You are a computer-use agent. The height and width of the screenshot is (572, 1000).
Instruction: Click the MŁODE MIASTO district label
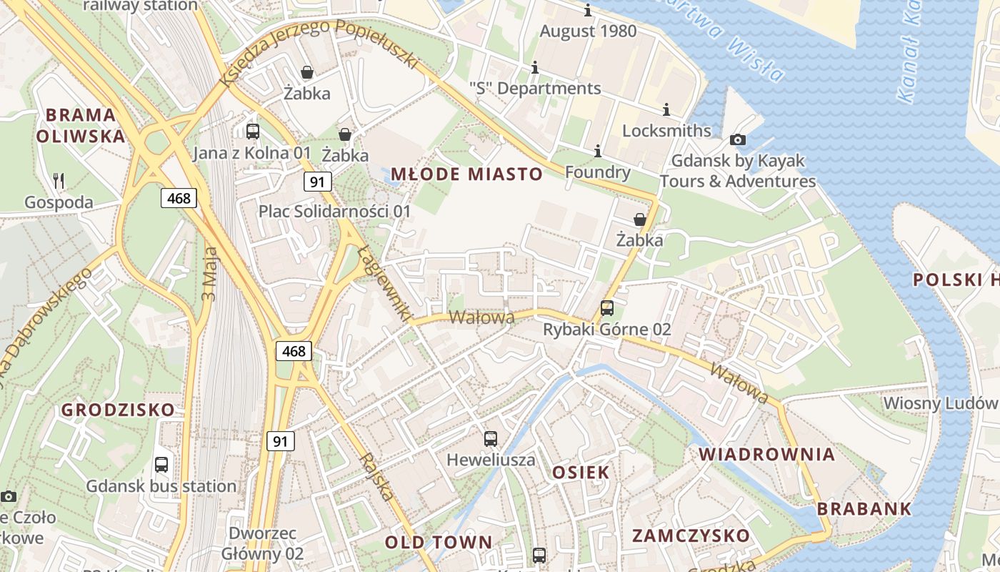(466, 174)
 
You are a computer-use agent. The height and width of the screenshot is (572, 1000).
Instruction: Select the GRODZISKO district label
(118, 410)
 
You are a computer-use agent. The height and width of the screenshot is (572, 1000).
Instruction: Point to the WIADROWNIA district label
(766, 454)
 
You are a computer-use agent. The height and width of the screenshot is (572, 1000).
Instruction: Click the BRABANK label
(864, 509)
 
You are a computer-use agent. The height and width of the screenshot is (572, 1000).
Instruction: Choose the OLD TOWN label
(439, 542)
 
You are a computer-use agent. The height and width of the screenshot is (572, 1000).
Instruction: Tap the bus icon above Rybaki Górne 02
(606, 308)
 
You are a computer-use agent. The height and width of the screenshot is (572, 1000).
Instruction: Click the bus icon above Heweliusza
(490, 439)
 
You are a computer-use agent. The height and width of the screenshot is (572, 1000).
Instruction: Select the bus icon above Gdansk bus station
(161, 465)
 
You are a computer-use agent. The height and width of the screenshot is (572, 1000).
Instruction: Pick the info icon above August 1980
(588, 11)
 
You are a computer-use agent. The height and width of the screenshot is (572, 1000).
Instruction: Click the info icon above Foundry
(598, 151)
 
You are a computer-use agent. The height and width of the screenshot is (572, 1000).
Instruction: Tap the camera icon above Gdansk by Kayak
(738, 139)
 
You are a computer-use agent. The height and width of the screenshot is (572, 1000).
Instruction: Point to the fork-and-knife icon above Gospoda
(59, 181)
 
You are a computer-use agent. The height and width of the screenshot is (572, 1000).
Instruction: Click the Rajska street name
(378, 477)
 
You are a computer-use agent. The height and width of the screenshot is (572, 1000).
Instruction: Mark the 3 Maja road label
(209, 273)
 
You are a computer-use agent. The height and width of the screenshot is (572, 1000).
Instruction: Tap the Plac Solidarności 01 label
(334, 212)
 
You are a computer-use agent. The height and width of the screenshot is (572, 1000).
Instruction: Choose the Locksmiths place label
(666, 131)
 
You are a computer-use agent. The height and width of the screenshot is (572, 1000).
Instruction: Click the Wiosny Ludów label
(940, 403)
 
